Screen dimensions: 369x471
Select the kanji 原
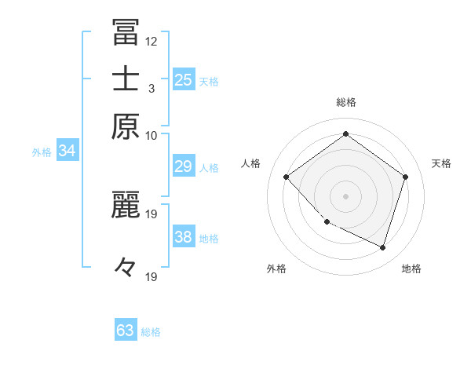tap(126, 126)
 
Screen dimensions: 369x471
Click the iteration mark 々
tap(126, 268)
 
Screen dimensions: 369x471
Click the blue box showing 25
tap(184, 79)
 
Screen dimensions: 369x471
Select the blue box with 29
tap(184, 166)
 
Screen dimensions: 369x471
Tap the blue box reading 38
tap(184, 237)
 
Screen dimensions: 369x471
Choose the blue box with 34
tap(67, 151)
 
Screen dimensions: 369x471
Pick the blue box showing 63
tap(126, 331)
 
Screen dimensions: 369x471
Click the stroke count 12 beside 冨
tap(152, 41)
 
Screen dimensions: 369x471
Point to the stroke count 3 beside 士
tap(152, 88)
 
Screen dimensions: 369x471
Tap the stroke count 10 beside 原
tap(152, 135)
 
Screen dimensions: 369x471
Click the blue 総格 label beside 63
tap(151, 332)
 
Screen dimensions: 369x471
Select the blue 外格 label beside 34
tap(42, 152)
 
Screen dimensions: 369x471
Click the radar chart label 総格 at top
tap(345, 102)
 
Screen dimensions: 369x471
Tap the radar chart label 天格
tap(441, 163)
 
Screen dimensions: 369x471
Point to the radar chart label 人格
tap(250, 163)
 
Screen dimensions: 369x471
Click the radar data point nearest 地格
tap(382, 247)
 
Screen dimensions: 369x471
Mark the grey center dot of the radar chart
tap(345, 195)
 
